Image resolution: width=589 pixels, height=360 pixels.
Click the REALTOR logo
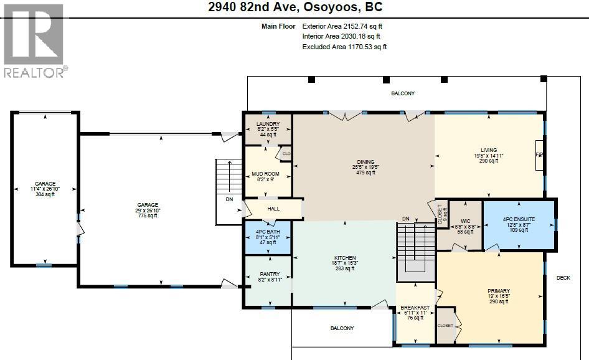(x=34, y=40)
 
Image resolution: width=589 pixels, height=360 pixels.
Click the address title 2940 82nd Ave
(x=294, y=7)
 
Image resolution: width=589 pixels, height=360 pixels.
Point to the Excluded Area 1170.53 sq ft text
(x=344, y=47)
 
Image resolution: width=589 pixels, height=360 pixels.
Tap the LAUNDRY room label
(x=268, y=124)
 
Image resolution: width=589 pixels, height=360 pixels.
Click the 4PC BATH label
(x=268, y=232)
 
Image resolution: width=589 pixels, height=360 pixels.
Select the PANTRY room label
(x=270, y=275)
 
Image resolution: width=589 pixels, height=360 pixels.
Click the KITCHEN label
(x=344, y=258)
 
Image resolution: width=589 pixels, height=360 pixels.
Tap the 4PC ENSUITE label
(x=519, y=219)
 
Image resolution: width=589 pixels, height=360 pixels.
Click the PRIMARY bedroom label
(x=499, y=291)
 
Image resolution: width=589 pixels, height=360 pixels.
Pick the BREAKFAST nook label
(x=415, y=307)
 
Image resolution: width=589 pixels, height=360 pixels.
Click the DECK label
(x=563, y=278)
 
